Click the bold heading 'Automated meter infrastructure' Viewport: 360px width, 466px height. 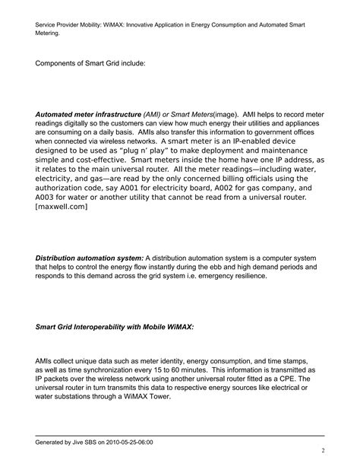(89, 114)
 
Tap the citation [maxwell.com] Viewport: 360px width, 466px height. (62, 206)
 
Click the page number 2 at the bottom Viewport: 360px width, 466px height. (323, 449)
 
